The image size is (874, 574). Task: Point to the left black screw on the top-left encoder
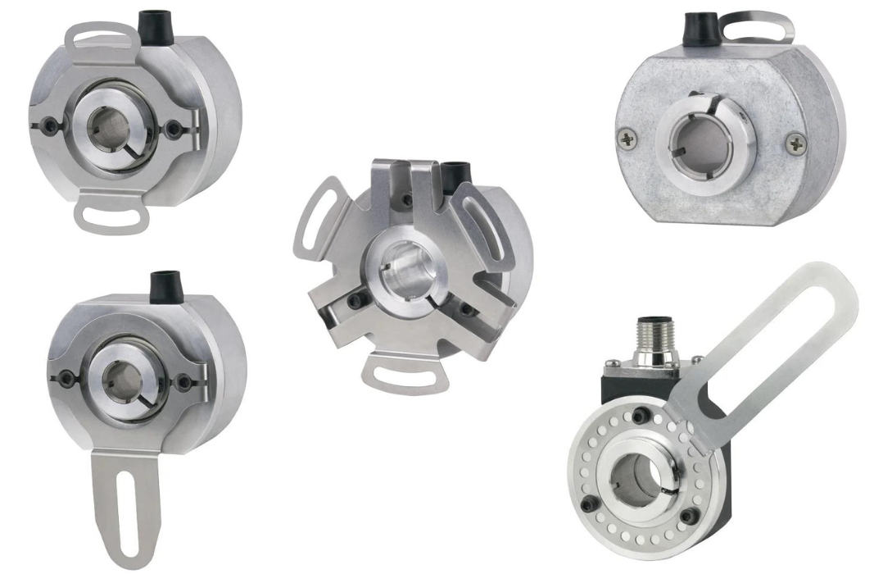[x=52, y=126]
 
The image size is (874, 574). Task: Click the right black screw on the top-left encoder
[x=174, y=129]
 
